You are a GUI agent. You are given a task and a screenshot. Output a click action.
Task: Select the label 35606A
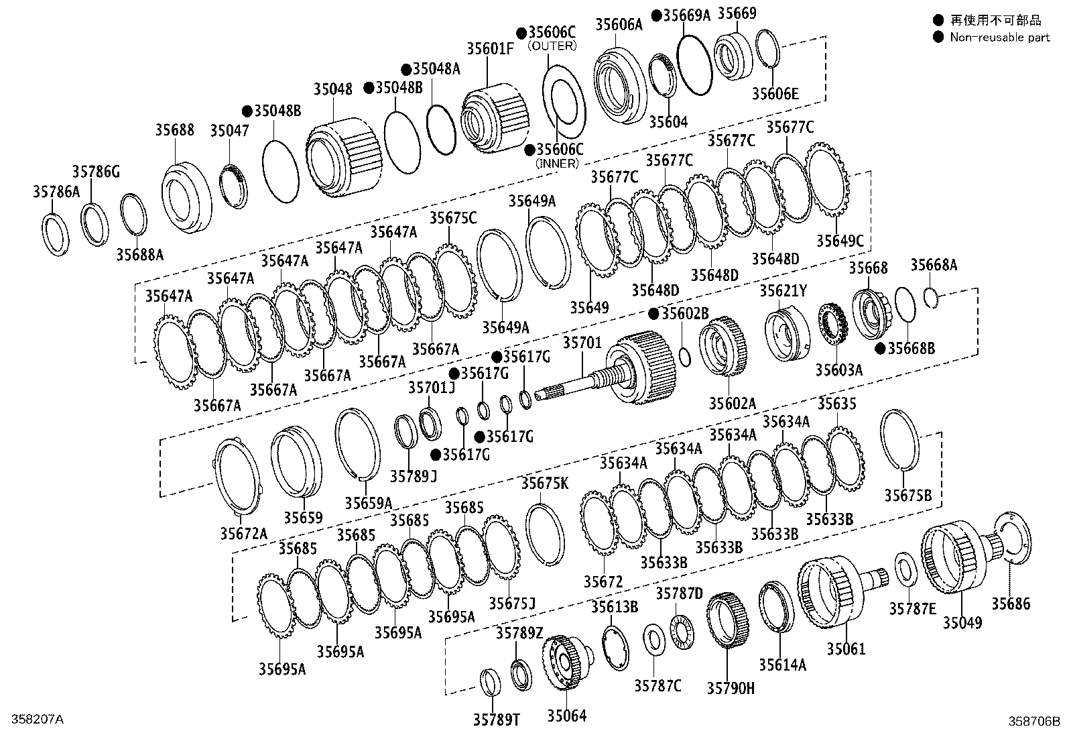pos(619,25)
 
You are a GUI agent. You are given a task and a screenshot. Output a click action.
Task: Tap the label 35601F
pos(491,48)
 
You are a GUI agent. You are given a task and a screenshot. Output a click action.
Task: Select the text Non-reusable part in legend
pos(999,38)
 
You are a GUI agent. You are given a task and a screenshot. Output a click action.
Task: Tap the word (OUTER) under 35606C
pos(552,46)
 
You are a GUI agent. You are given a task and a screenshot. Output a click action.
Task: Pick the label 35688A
pos(139,254)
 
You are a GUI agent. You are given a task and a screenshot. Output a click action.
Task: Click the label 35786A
pos(56,192)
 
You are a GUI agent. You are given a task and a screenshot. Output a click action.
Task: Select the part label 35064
pos(566,716)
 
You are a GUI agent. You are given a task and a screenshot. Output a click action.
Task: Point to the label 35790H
pos(730,687)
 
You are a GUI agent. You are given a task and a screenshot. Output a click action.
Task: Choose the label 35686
pos(1011,604)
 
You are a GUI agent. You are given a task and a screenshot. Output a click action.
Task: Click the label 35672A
pos(243,533)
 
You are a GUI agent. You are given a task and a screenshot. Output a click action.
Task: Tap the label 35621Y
pos(783,290)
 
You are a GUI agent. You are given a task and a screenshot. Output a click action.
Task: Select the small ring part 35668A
pos(930,295)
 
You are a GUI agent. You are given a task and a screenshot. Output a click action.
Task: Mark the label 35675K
pos(544,483)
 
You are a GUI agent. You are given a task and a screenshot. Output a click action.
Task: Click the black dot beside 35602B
pos(654,313)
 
